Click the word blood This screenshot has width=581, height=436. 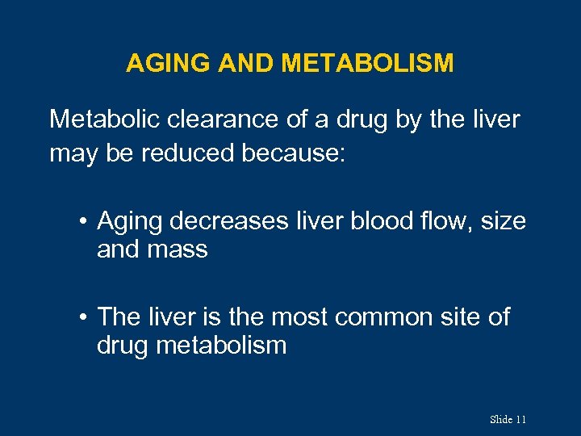tap(386, 221)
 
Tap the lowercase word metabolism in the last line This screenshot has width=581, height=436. tap(222, 346)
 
